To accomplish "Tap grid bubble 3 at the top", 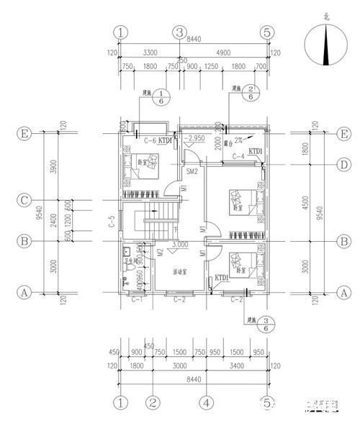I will [179, 32].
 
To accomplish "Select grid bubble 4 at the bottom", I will [206, 402].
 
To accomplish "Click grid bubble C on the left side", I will [24, 200].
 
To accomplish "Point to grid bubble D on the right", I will [346, 166].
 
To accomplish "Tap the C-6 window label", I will [151, 140].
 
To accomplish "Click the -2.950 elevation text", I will [195, 137].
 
